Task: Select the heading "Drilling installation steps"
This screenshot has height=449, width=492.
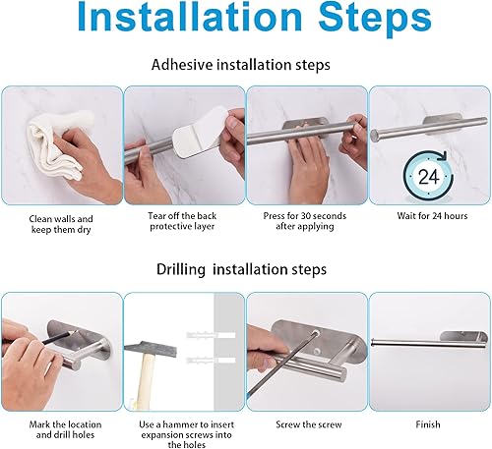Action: tap(242, 268)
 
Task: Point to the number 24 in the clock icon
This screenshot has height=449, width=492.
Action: tap(428, 178)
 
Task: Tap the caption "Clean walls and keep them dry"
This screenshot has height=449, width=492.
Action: tap(60, 225)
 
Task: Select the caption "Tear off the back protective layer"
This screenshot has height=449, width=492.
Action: tap(183, 225)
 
